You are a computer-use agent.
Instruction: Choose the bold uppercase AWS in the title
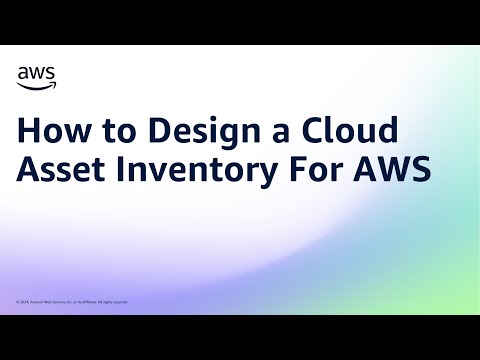point(397,169)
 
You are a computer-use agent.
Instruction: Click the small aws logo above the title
point(37,75)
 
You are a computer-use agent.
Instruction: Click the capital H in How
point(30,131)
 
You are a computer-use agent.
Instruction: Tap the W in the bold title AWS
point(397,169)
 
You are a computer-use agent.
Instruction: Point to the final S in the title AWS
point(424,169)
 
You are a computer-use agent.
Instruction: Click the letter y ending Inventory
point(273,173)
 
